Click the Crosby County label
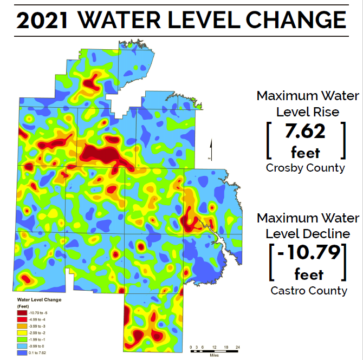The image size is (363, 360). (305, 168)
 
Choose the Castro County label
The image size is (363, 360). (309, 291)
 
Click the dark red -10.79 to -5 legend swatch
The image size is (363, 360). (22, 312)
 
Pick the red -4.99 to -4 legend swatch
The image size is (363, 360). (22, 319)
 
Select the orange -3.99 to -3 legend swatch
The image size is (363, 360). (22, 326)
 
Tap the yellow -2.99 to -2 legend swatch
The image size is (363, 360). (22, 332)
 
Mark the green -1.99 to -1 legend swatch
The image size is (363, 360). (22, 339)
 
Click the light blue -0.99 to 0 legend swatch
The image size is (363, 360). (22, 345)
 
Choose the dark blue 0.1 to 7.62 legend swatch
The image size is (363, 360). (22, 352)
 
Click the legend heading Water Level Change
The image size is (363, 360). (40, 299)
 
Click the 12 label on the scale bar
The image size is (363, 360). (214, 346)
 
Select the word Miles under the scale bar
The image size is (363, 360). (215, 355)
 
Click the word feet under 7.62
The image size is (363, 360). (305, 152)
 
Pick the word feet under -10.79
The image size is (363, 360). (308, 274)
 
